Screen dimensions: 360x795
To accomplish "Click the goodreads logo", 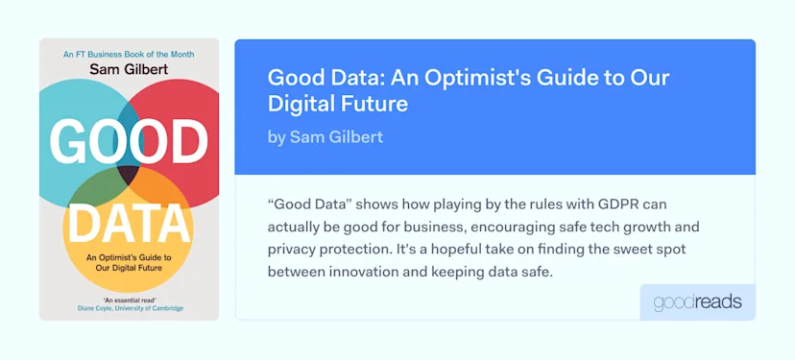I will coord(697,302).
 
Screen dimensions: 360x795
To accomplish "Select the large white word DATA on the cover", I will coord(129,224).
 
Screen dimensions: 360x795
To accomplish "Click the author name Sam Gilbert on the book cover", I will coord(129,68).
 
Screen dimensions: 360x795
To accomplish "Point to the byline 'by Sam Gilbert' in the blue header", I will coord(325,137).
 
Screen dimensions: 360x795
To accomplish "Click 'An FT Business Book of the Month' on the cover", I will coord(129,54).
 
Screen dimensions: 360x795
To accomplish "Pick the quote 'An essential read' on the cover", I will coord(129,300).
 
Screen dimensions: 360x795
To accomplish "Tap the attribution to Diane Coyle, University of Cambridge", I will coord(129,309).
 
